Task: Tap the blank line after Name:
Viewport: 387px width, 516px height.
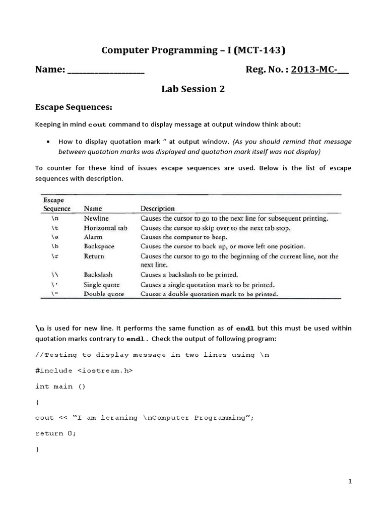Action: pyautogui.click(x=106, y=71)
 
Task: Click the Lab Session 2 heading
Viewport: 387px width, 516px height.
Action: pyautogui.click(x=193, y=89)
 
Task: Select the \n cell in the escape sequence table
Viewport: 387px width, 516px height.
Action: pyautogui.click(x=56, y=218)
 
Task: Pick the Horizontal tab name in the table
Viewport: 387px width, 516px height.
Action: pyautogui.click(x=105, y=228)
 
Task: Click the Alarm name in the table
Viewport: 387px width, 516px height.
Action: pyautogui.click(x=93, y=237)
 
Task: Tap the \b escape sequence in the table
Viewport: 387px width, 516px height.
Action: pyautogui.click(x=56, y=246)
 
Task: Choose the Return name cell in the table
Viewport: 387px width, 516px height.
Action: pyautogui.click(x=94, y=256)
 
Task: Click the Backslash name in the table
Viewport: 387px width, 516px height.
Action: pyautogui.click(x=98, y=275)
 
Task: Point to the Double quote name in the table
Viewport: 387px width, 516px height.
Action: pyautogui.click(x=104, y=294)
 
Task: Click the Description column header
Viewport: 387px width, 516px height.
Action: pyautogui.click(x=158, y=208)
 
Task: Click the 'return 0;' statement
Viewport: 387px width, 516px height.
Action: pyautogui.click(x=56, y=433)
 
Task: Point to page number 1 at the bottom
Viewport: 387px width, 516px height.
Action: pyautogui.click(x=350, y=482)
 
